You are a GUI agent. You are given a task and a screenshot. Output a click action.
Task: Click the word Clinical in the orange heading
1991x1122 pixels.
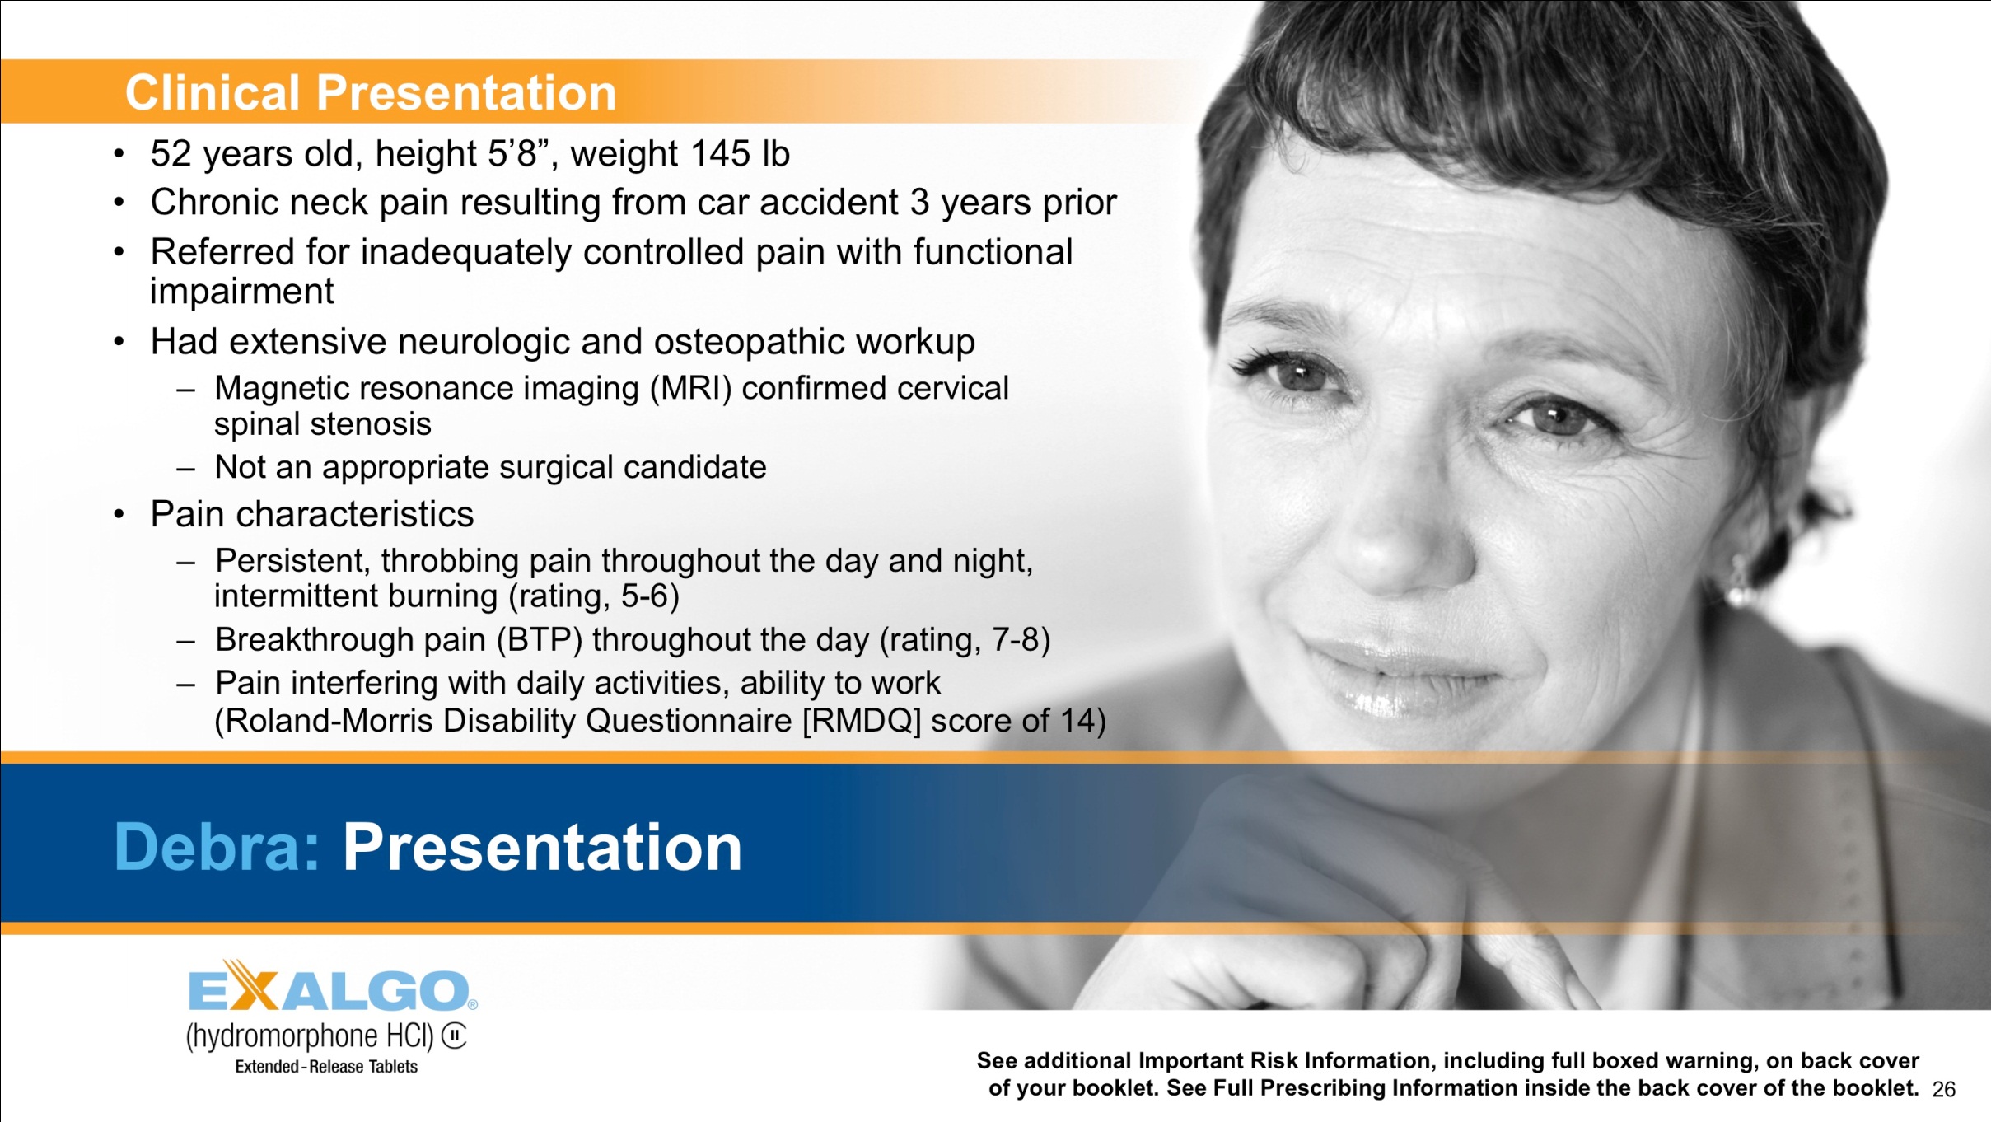pos(212,92)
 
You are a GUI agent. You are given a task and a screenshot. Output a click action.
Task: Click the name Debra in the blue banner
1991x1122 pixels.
pos(216,847)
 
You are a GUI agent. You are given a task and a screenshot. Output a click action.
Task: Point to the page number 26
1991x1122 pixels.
pos(1943,1090)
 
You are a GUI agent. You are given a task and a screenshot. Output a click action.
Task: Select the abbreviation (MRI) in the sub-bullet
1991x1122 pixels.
pos(690,388)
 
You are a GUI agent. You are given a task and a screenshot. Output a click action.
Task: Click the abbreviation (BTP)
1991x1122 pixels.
pos(539,640)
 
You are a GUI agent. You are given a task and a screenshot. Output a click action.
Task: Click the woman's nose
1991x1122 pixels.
pos(1400,535)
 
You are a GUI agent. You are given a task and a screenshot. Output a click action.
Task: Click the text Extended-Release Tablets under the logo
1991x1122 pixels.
pos(326,1067)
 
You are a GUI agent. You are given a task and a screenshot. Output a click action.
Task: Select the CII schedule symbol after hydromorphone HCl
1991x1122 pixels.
pos(454,1036)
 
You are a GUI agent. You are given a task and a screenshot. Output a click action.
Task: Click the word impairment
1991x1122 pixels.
pos(241,292)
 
